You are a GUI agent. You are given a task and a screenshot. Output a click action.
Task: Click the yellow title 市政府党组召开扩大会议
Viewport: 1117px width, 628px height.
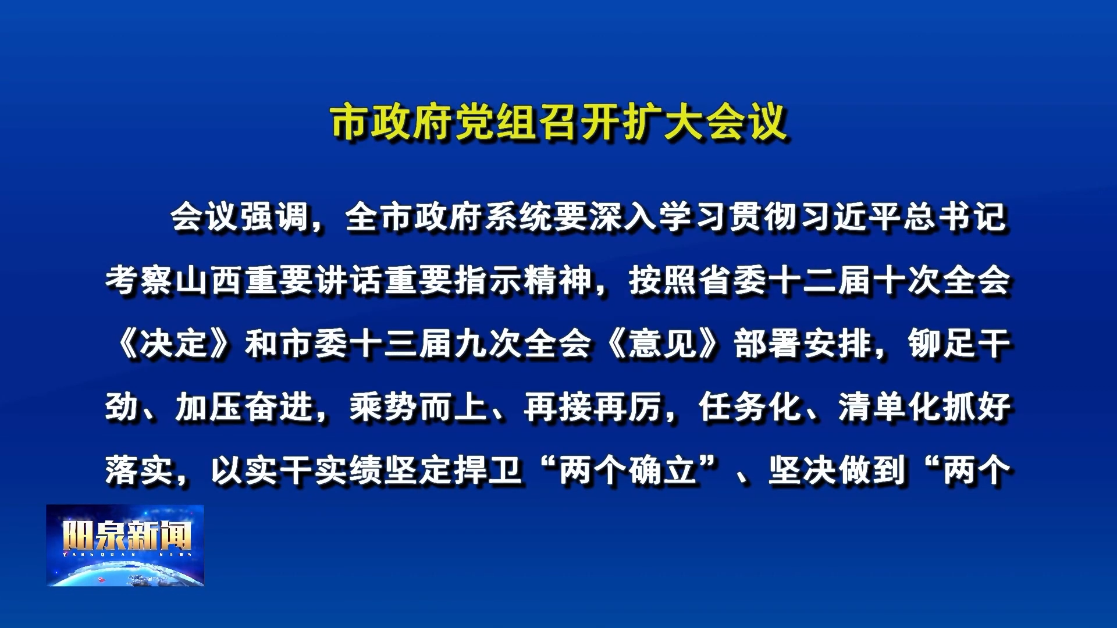pos(559,123)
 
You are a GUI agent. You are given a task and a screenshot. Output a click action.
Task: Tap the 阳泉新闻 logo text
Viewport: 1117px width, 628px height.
pos(127,536)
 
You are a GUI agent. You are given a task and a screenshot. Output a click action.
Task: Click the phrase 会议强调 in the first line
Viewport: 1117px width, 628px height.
pos(240,217)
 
